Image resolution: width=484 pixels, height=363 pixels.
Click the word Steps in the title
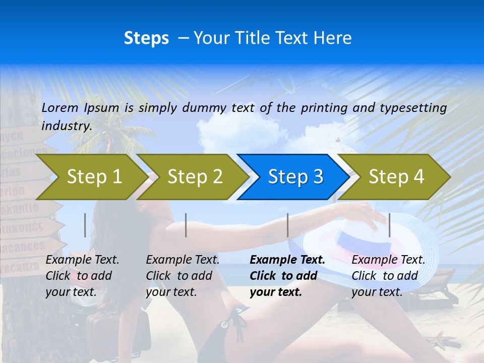[146, 38]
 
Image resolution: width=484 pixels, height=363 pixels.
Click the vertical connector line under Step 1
[85, 225]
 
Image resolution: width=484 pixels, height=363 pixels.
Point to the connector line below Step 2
[186, 225]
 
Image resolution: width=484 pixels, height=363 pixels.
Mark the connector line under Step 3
[287, 225]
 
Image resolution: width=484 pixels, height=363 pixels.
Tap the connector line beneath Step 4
[389, 225]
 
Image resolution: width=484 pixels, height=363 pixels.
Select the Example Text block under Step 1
[82, 276]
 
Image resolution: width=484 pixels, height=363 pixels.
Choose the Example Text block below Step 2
[183, 276]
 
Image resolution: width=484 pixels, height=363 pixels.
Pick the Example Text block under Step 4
[388, 276]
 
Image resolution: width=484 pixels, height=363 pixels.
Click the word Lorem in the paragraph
[60, 108]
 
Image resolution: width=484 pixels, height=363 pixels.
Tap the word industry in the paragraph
[67, 126]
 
